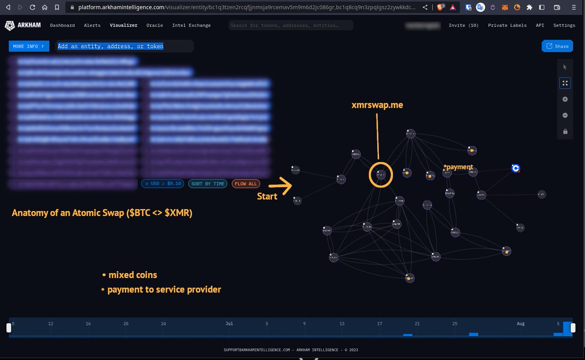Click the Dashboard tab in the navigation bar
[62, 25]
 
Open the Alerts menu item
[92, 25]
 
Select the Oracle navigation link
[155, 25]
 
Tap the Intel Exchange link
[192, 25]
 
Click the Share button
[557, 46]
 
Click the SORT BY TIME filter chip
[208, 184]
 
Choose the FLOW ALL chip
[246, 184]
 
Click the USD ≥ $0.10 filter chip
[163, 184]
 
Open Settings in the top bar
[564, 25]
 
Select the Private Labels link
[507, 25]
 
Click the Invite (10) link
[464, 25]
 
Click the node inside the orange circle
[381, 174]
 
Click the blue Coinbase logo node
[516, 168]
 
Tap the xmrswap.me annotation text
[377, 105]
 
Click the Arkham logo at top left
[23, 25]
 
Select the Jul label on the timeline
[229, 323]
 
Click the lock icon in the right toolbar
[565, 131]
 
